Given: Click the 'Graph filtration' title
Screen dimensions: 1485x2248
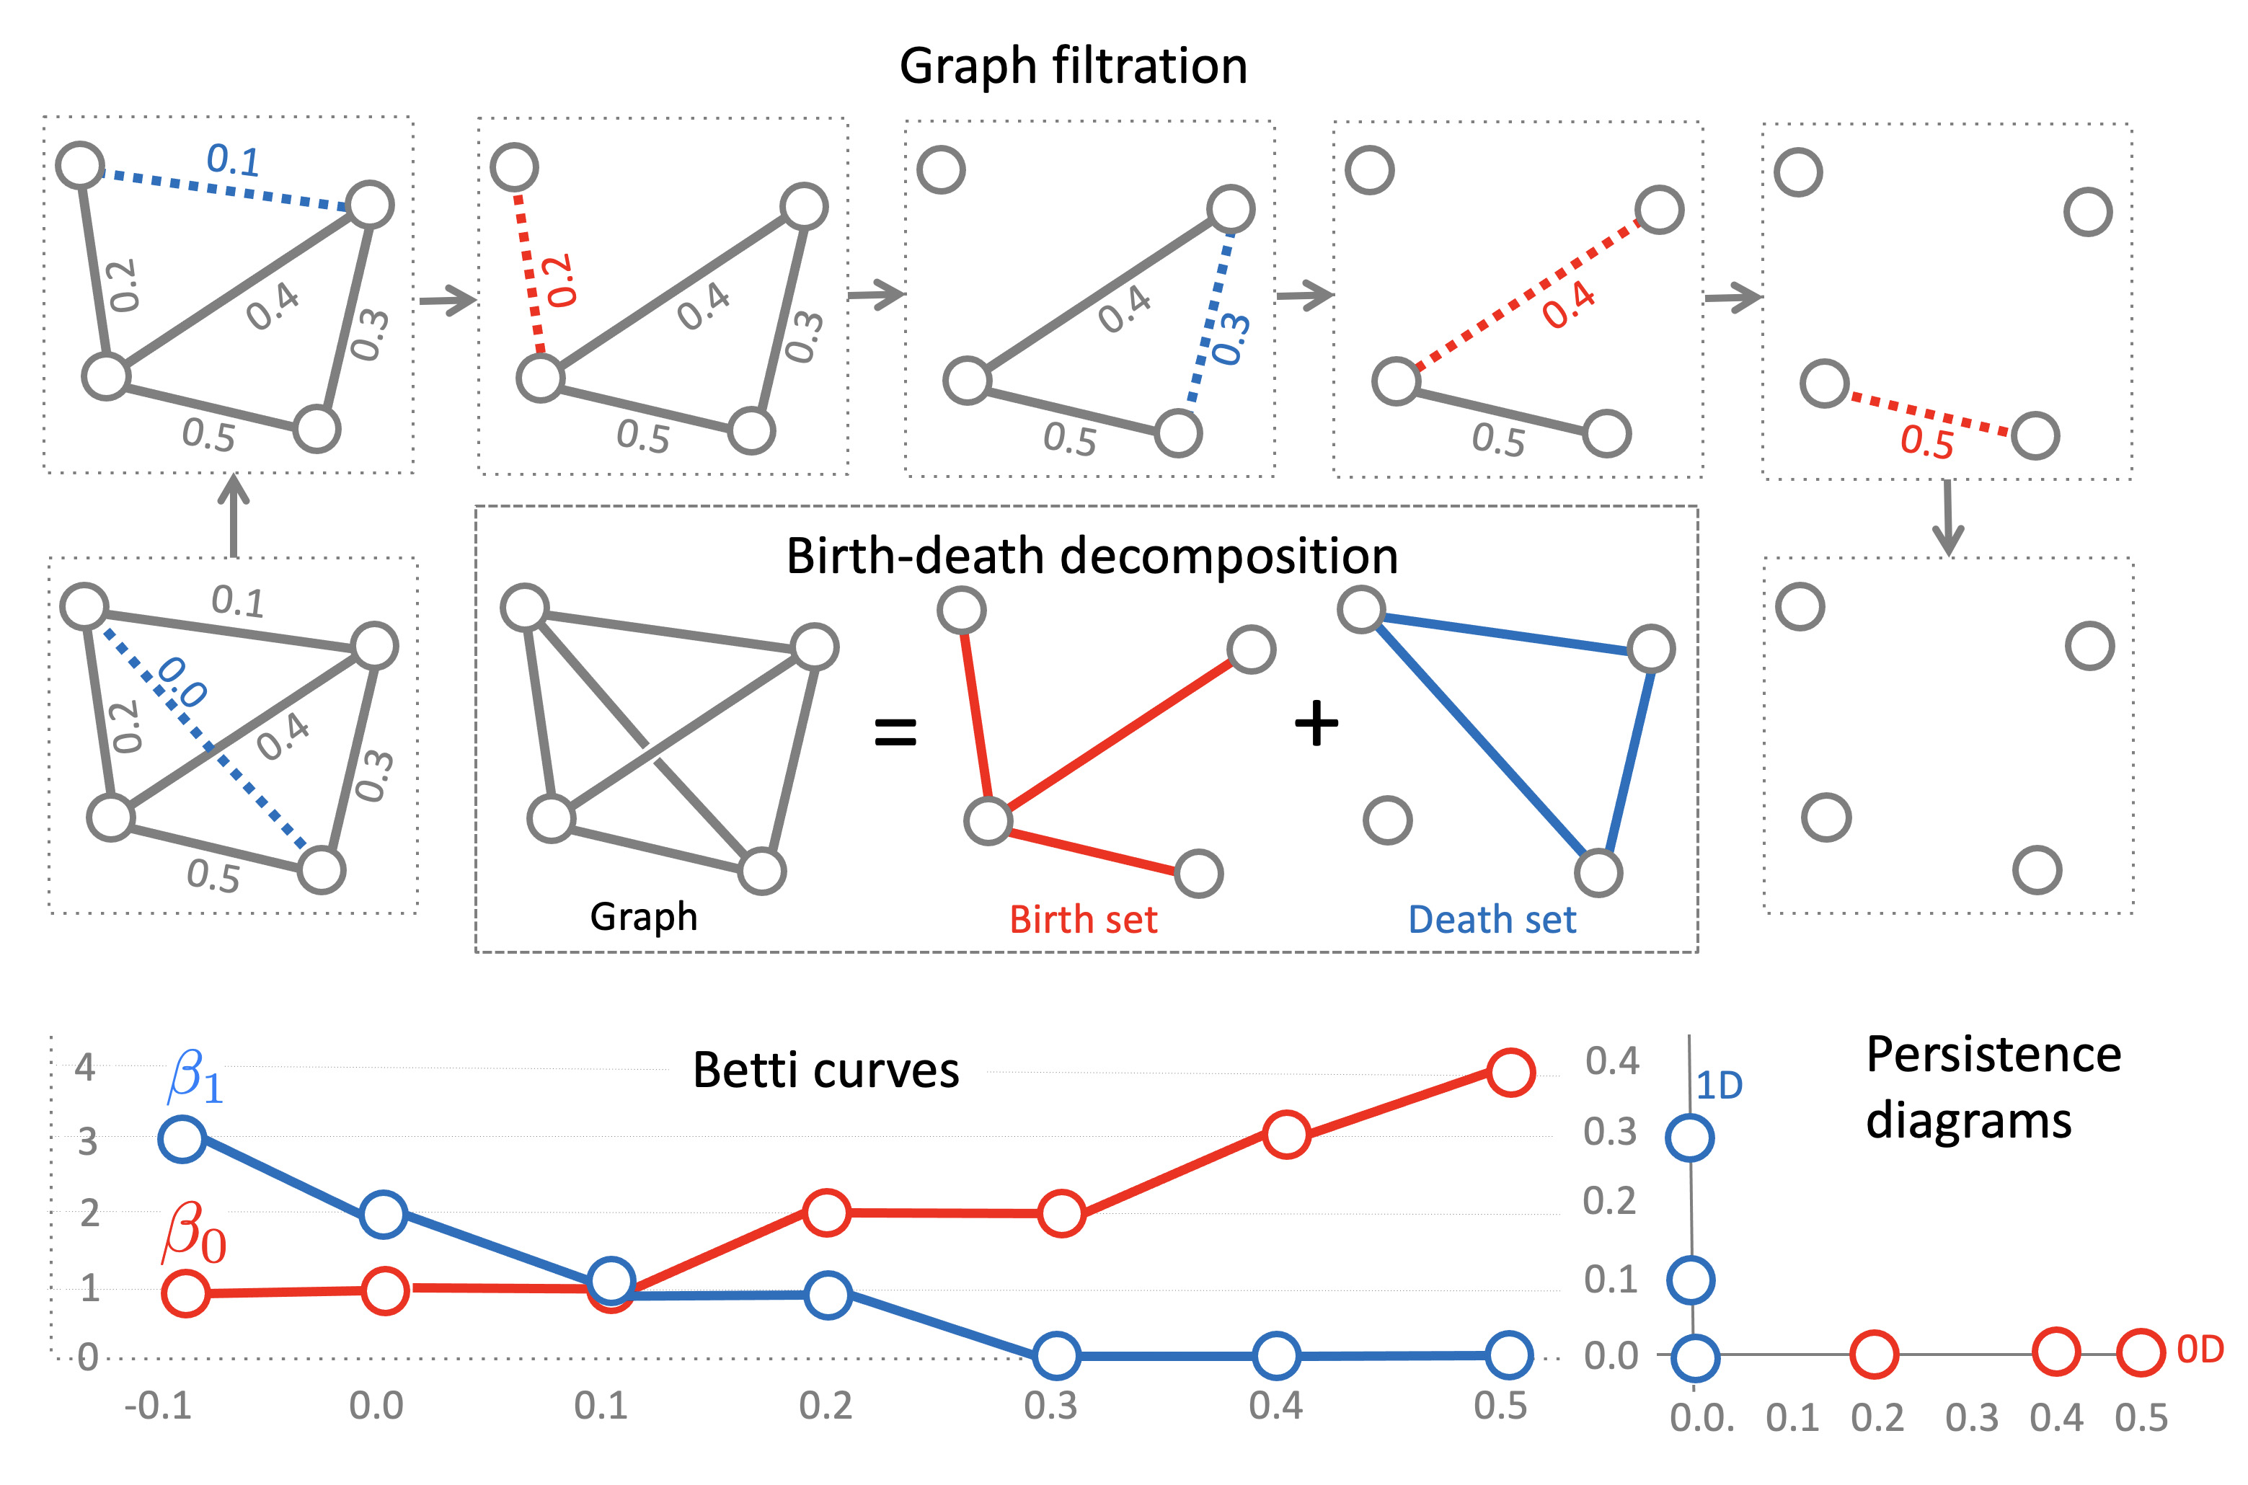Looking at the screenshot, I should tap(1073, 66).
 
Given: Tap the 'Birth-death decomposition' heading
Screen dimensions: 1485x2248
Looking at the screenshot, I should tap(1091, 556).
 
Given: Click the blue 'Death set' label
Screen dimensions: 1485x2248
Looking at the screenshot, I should tap(1492, 920).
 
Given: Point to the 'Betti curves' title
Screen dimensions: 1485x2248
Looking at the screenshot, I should tap(826, 1070).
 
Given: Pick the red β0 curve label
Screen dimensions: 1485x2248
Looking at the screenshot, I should tap(194, 1233).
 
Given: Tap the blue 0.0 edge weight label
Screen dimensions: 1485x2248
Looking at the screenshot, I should tap(181, 683).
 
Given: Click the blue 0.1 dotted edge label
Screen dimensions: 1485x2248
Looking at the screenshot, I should tap(233, 160).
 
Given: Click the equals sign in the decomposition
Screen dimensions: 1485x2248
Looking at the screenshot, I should tap(895, 731).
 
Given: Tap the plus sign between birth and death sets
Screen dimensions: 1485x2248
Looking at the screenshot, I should tap(1317, 725).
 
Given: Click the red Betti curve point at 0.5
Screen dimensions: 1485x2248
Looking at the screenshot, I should tap(1510, 1072).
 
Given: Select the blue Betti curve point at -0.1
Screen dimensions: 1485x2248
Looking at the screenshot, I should tap(182, 1138).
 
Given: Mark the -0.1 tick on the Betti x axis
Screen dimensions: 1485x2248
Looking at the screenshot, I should tap(158, 1406).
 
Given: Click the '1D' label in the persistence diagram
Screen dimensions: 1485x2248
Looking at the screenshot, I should tap(1719, 1086).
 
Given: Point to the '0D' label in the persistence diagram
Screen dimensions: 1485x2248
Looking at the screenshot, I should tap(2200, 1349).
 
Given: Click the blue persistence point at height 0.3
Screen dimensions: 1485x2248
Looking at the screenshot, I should tap(1689, 1138).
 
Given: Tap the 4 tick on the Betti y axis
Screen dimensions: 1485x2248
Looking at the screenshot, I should tap(85, 1068).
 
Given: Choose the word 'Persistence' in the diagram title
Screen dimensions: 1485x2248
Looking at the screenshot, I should tap(1993, 1055).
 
